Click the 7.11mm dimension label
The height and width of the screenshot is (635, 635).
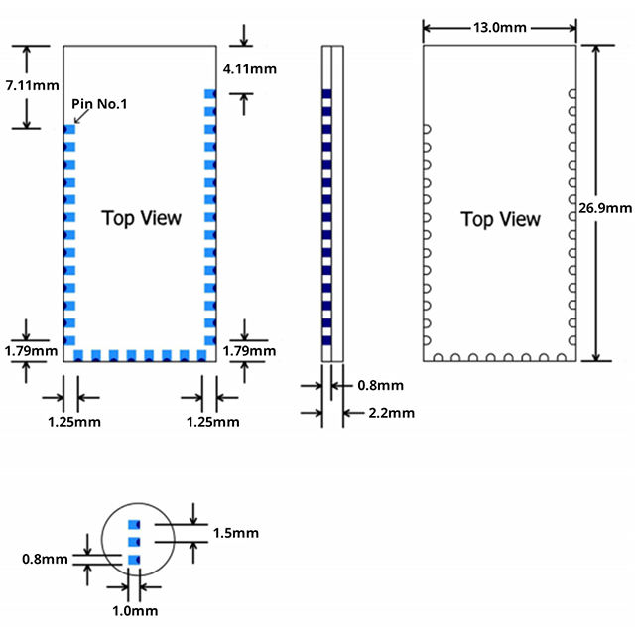pos(31,86)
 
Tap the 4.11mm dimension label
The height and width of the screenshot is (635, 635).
pos(250,69)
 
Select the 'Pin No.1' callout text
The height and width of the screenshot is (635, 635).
pos(100,103)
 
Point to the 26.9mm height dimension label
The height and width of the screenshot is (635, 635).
pos(605,208)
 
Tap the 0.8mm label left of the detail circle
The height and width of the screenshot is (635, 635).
pos(45,559)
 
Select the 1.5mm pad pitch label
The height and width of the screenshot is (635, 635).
pos(235,533)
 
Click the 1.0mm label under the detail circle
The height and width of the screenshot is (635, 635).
pos(135,610)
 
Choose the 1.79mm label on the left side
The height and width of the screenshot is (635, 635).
pos(31,351)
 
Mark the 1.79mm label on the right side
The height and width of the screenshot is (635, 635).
pos(250,351)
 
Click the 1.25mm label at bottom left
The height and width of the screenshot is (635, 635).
pos(74,422)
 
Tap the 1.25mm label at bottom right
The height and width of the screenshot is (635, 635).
pos(213,422)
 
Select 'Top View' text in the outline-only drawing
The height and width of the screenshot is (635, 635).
pos(501,218)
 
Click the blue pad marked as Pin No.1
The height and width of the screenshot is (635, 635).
pos(69,129)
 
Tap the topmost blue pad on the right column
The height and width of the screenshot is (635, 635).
pos(209,94)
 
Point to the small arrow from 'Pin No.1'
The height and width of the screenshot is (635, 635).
pos(80,116)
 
